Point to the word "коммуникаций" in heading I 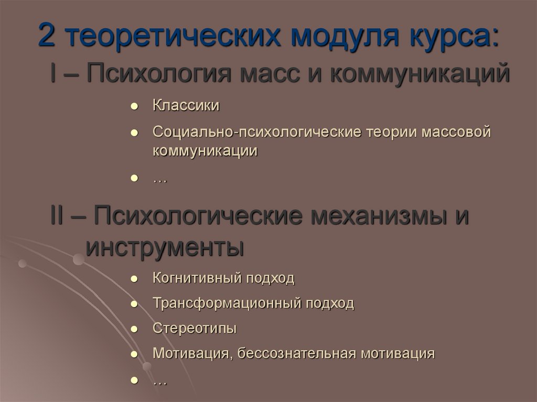(420, 73)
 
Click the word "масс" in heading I (273, 73)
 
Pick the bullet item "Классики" (186, 105)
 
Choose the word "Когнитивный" (195, 278)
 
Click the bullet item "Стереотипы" (195, 328)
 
